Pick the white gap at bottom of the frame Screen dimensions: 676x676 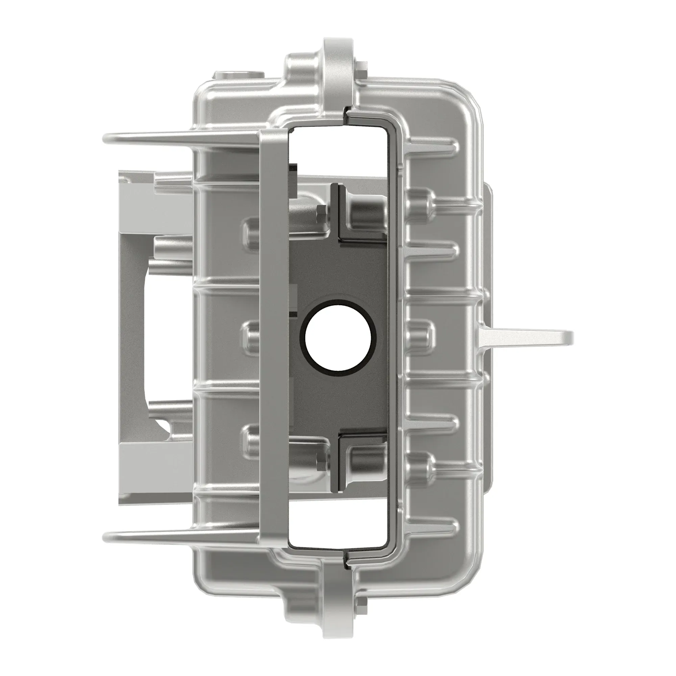coord(338,530)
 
